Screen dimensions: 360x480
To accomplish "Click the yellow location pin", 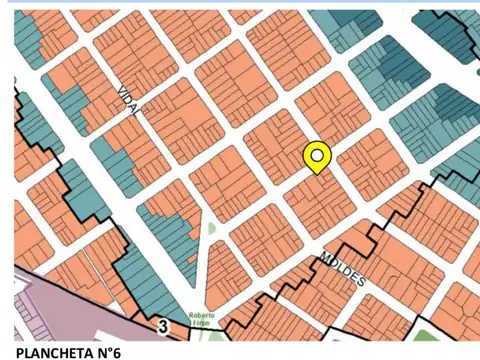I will coord(317,156).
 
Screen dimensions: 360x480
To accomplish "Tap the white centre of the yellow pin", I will coord(317,154).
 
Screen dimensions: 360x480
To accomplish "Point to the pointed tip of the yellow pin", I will coord(317,172).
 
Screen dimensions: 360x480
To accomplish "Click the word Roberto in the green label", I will coord(205,311).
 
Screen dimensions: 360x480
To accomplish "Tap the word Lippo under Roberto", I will coord(207,319).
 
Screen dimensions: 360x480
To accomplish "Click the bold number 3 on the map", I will coord(161,326).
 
